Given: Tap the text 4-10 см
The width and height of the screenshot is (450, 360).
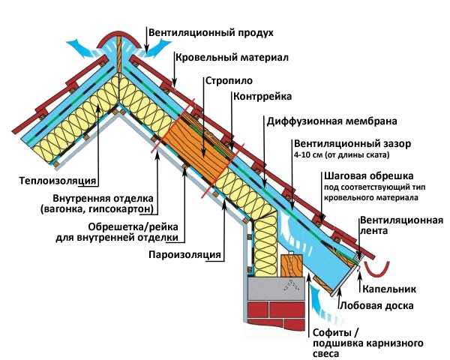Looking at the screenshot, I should click(307, 155).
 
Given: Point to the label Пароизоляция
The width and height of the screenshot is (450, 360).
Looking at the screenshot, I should click(185, 254).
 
